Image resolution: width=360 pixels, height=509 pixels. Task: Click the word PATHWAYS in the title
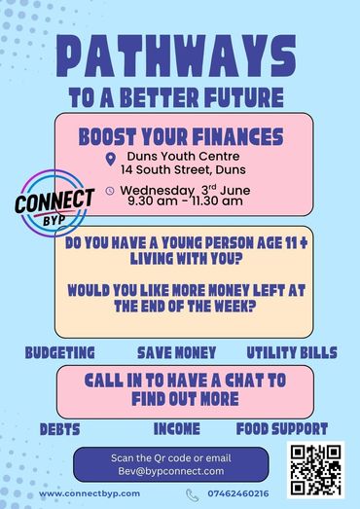[176, 55]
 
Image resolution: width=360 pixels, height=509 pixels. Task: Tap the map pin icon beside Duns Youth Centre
[111, 159]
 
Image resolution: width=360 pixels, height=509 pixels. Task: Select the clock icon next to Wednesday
[110, 191]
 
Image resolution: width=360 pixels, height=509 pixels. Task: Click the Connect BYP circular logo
[54, 203]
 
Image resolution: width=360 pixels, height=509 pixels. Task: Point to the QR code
[315, 470]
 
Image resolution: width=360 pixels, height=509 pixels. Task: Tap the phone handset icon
[193, 495]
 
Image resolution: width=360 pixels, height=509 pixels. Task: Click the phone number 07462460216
[238, 493]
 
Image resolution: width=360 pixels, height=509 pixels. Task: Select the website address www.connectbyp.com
[90, 493]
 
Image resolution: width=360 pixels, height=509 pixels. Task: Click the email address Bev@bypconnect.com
[171, 471]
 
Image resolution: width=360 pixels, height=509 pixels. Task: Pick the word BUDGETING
[60, 352]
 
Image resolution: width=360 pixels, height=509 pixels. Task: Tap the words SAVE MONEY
[176, 352]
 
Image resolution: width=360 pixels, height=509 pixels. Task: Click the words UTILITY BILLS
[292, 352]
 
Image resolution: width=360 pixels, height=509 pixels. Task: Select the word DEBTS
[59, 429]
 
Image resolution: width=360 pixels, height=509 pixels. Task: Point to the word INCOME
[176, 429]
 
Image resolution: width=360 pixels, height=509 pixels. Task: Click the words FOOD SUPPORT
[282, 429]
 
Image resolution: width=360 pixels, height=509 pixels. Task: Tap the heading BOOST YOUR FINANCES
[181, 136]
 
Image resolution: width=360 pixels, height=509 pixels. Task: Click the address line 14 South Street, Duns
[183, 169]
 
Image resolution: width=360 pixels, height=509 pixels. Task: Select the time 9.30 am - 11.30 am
[185, 200]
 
